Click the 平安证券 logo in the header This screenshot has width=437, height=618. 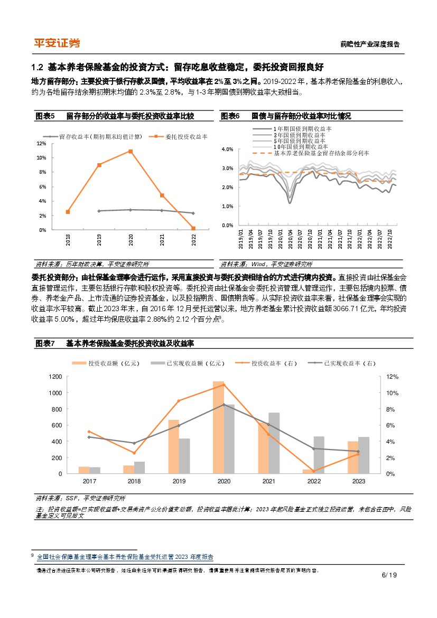(x=57, y=43)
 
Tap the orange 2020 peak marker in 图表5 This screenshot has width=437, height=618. (x=130, y=152)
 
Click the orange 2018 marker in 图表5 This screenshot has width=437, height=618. (x=68, y=212)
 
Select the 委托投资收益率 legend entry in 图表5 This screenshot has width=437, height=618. (x=183, y=136)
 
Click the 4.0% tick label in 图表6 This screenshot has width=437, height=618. (x=227, y=149)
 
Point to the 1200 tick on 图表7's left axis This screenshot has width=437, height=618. (x=55, y=377)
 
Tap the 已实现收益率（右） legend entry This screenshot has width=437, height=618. (x=349, y=363)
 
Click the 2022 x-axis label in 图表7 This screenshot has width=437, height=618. (x=314, y=481)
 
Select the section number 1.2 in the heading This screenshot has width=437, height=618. (x=37, y=67)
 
